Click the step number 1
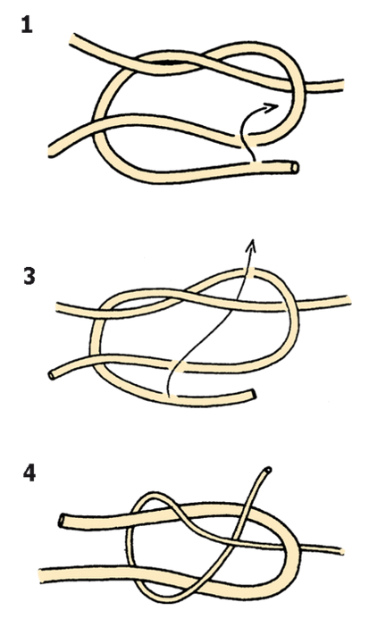(27, 25)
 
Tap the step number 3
(29, 276)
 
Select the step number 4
(29, 473)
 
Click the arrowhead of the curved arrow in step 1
(273, 107)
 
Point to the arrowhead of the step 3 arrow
(252, 245)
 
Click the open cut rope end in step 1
(295, 167)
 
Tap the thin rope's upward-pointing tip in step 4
(267, 470)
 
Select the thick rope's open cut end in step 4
(63, 521)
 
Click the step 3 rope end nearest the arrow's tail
(252, 394)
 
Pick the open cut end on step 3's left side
(52, 375)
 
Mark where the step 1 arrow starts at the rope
(253, 161)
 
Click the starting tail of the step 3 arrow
(169, 396)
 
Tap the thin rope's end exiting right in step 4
(341, 551)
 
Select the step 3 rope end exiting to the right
(348, 300)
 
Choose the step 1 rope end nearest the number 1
(72, 41)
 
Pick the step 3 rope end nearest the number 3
(58, 307)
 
